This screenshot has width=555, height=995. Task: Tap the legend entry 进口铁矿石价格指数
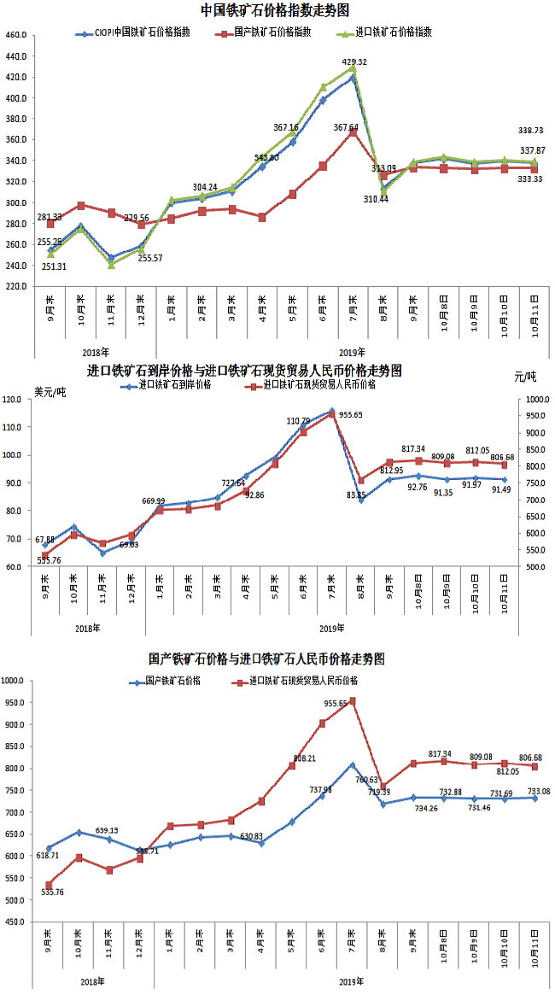(394, 32)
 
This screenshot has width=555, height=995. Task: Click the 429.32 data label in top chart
(354, 62)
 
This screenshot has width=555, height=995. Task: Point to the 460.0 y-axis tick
(17, 36)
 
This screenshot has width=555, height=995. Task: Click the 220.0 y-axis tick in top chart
(17, 286)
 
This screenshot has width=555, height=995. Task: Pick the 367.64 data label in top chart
(346, 127)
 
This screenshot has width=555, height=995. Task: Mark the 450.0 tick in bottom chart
(16, 922)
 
